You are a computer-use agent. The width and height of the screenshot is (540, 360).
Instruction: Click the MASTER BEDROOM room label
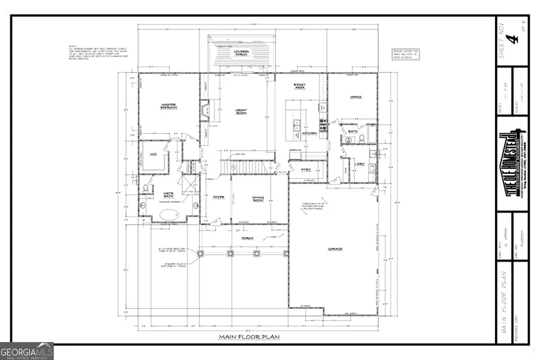[x=168, y=106]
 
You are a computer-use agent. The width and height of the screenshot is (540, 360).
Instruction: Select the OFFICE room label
[x=356, y=97]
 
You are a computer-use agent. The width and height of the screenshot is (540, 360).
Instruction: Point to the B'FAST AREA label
[x=299, y=86]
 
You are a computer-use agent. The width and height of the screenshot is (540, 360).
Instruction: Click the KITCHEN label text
[x=310, y=133]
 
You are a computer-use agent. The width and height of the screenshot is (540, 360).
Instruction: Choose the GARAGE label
[x=335, y=249]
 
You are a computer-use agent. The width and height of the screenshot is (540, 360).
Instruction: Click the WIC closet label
[x=153, y=154]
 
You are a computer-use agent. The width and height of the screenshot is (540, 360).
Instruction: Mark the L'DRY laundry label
[x=360, y=164]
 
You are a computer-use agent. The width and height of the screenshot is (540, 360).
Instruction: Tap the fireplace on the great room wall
[x=205, y=110]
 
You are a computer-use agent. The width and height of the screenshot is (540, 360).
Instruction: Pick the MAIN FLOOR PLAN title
[x=249, y=337]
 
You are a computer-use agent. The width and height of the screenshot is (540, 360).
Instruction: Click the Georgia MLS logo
[x=27, y=350]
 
